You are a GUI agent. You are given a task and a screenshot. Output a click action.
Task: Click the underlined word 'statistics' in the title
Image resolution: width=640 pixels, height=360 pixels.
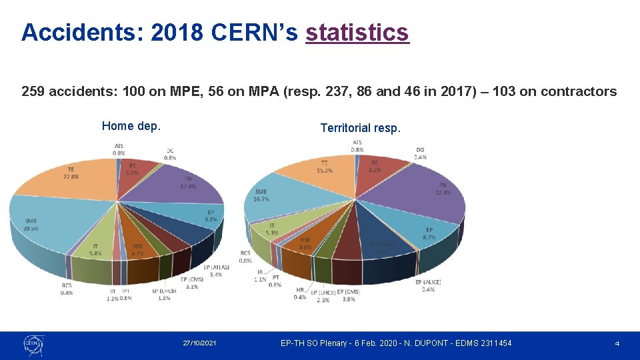[x=357, y=32]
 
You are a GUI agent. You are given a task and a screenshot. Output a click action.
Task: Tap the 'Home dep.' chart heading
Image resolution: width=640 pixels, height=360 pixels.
[x=131, y=126]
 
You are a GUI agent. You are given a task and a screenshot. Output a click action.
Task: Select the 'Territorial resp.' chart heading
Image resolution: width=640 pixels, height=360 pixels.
[x=361, y=128]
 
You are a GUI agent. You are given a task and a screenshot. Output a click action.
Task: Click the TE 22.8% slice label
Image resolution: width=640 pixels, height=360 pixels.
[x=71, y=173]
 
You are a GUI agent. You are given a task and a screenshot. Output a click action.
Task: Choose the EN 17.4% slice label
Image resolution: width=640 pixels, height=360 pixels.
[x=187, y=183]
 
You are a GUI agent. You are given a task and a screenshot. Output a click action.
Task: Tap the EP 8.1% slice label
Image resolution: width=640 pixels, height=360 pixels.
[x=210, y=215]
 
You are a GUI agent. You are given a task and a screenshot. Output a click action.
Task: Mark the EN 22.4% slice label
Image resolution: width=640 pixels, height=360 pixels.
[x=442, y=189]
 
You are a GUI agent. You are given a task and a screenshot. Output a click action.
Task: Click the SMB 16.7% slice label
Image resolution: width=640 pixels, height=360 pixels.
[x=261, y=195]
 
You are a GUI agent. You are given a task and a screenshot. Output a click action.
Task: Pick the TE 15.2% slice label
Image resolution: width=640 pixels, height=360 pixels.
[x=325, y=167]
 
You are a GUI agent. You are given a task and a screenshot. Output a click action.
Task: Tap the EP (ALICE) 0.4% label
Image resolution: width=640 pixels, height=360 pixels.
[x=428, y=286]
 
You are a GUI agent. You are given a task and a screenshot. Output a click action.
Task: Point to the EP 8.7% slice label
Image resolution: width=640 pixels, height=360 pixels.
[x=429, y=234]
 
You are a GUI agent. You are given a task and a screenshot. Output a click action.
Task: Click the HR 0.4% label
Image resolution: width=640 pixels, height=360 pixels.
[x=300, y=293]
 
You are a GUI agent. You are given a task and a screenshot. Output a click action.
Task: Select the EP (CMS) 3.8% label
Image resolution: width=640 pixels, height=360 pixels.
[x=349, y=296]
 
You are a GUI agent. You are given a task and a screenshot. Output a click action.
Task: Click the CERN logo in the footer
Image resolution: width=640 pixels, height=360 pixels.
[x=33, y=343]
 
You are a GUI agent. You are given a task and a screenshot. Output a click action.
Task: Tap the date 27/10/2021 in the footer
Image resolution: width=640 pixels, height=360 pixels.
[x=199, y=343]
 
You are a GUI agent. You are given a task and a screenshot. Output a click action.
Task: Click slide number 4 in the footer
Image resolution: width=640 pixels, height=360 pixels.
[x=617, y=343]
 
